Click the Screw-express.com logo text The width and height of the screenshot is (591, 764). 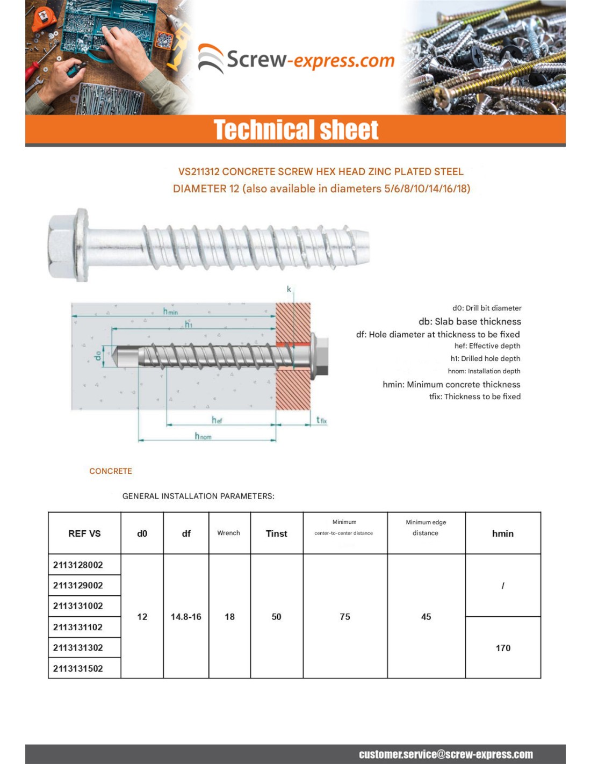pyautogui.click(x=310, y=60)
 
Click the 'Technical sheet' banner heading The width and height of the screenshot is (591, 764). pyautogui.click(x=296, y=130)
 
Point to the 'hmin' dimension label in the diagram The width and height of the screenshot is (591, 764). pyautogui.click(x=170, y=312)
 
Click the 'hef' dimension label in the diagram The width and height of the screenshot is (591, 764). pyautogui.click(x=217, y=420)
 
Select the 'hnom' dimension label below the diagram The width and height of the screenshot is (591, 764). pyautogui.click(x=203, y=436)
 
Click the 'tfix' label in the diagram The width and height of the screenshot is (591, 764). pyautogui.click(x=321, y=420)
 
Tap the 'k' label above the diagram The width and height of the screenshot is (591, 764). pyautogui.click(x=289, y=290)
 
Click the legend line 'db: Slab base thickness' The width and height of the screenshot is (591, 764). pyautogui.click(x=470, y=321)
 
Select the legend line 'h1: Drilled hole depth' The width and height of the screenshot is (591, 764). pyautogui.click(x=485, y=358)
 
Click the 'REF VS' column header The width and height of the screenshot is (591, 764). pyautogui.click(x=84, y=534)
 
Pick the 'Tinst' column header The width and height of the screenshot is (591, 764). pyautogui.click(x=276, y=534)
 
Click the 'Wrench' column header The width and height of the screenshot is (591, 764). pyautogui.click(x=228, y=533)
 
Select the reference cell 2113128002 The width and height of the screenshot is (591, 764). pyautogui.click(x=78, y=565)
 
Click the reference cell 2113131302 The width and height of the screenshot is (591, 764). pyautogui.click(x=78, y=647)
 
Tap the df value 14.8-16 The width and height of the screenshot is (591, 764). pyautogui.click(x=186, y=617)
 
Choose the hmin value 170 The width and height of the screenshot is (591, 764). pyautogui.click(x=503, y=648)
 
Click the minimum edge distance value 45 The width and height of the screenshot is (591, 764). pyautogui.click(x=426, y=617)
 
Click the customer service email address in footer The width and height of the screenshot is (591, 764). pyautogui.click(x=446, y=754)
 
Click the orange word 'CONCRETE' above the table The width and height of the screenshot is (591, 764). pyautogui.click(x=111, y=471)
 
